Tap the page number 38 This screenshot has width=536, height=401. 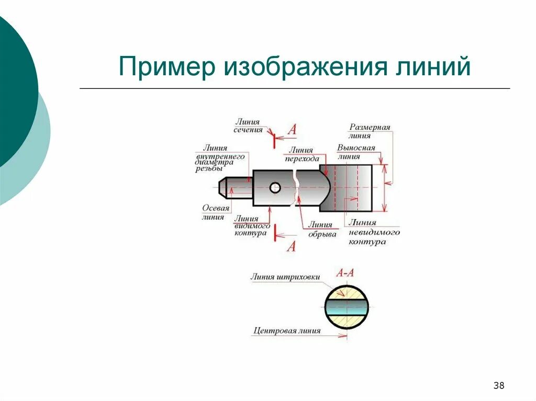coord(499,386)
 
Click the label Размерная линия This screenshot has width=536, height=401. coord(370,131)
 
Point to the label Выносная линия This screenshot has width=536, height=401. coord(356,152)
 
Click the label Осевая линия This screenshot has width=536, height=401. coord(216,212)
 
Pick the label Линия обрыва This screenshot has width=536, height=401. coord(321,230)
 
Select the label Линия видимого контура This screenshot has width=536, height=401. coord(252,226)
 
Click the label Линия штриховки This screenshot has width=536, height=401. coord(285,277)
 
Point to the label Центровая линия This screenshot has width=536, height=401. coord(286,330)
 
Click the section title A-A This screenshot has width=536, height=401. coord(345,272)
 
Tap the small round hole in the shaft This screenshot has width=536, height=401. coord(275,187)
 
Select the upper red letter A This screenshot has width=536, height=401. coord(292,130)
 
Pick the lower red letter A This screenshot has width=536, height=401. coord(291,246)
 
